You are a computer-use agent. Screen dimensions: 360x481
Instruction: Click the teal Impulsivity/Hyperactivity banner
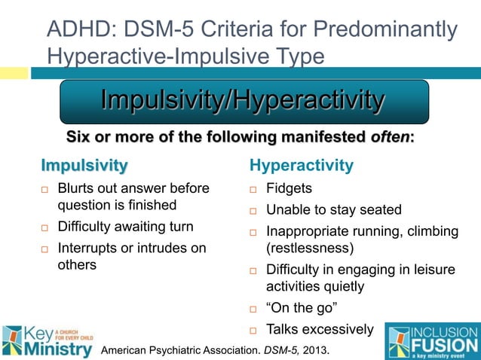tap(244, 101)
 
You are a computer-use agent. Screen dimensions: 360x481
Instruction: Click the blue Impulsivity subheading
tap(84, 164)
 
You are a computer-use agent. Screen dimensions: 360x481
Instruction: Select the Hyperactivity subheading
tap(301, 164)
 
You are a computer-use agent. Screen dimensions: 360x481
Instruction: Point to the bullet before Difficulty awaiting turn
tap(45, 227)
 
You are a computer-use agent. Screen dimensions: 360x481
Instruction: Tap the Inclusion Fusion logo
tap(430, 340)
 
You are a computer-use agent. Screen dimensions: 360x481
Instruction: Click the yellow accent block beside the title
tap(14, 73)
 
